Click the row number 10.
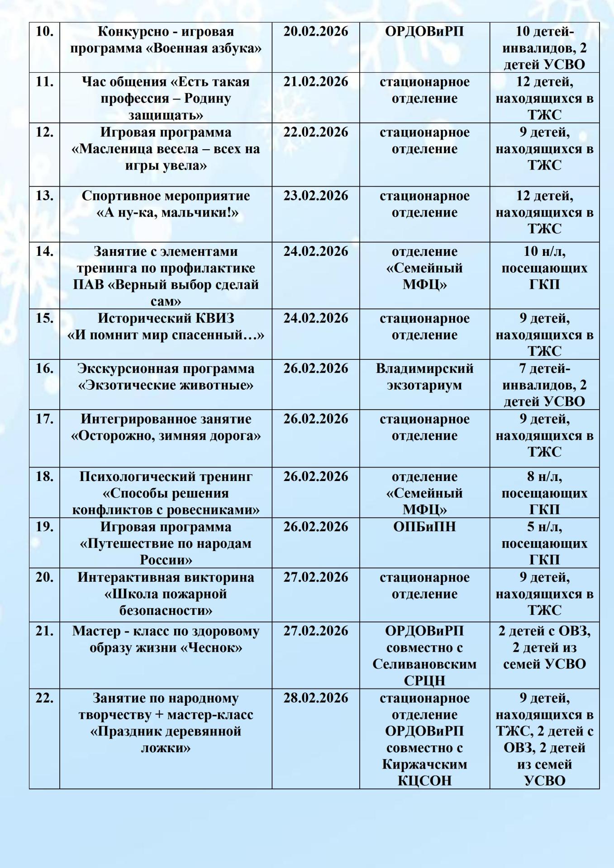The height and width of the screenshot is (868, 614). click(x=44, y=32)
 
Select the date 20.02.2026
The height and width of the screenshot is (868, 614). click(x=316, y=32)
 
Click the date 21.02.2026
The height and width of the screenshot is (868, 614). click(x=316, y=82)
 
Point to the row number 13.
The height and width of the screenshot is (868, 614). click(x=44, y=196)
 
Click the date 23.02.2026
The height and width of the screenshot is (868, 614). click(x=316, y=196)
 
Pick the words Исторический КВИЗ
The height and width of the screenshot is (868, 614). click(x=166, y=318)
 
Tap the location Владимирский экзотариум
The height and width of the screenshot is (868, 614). click(x=424, y=377)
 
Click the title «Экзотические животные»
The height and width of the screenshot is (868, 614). click(x=166, y=385)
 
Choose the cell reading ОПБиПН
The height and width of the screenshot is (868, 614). click(x=424, y=527)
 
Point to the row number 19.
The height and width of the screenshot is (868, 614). click(x=44, y=527)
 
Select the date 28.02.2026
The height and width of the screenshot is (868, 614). click(x=316, y=698)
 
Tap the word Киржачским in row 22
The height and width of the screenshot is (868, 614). click(x=424, y=764)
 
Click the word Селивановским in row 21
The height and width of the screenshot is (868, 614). click(x=424, y=664)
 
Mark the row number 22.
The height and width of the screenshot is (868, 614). click(x=44, y=698)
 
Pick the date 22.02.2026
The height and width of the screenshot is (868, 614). click(x=316, y=132)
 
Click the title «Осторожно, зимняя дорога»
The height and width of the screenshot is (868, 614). click(x=166, y=436)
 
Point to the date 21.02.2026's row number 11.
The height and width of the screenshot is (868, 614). click(x=44, y=82)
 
